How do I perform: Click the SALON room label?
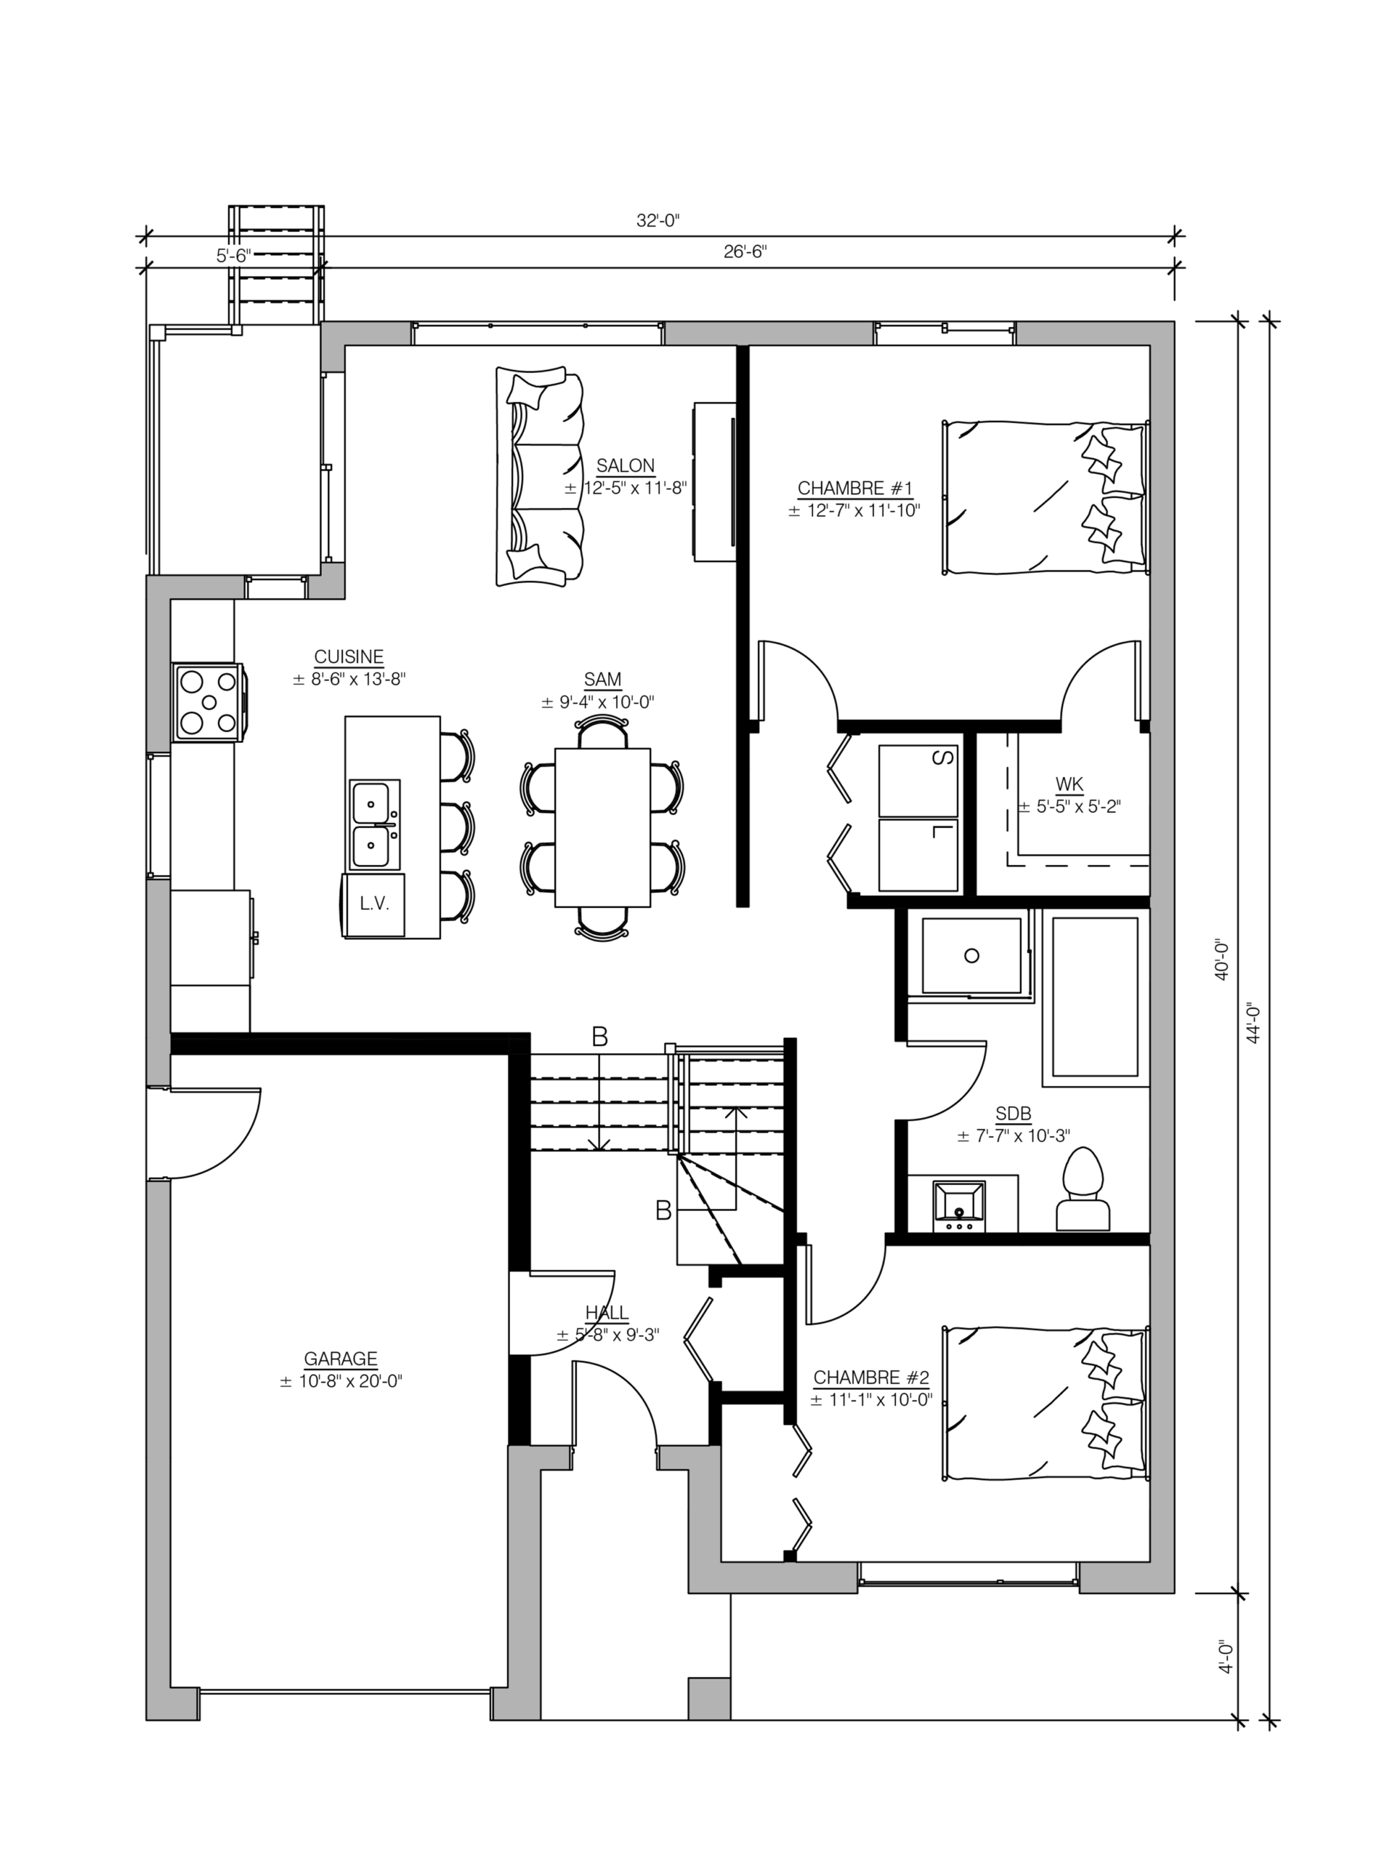[625, 465]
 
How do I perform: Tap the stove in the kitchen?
[209, 702]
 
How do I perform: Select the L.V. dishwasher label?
[374, 905]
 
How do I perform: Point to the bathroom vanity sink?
[958, 1207]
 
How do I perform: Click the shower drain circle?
[972, 956]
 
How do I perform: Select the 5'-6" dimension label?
[234, 255]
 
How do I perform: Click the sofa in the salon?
[539, 475]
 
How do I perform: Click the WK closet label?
[1069, 785]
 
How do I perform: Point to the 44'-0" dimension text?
[1254, 1022]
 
